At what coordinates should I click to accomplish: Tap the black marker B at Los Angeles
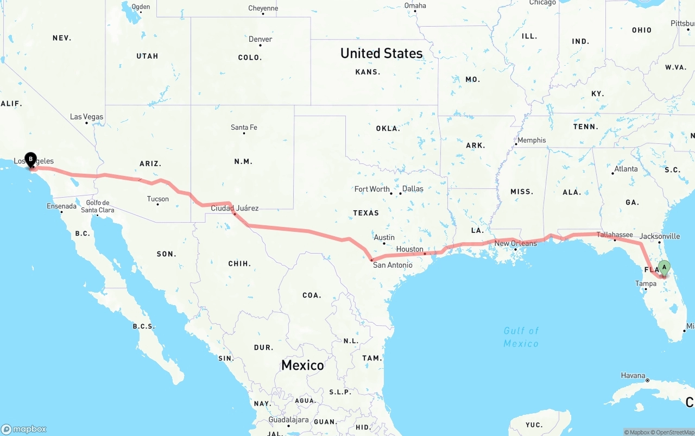tap(30, 159)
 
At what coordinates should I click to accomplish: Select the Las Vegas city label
tap(86, 117)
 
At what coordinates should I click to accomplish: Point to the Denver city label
tap(260, 39)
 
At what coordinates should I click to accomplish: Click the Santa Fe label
tap(244, 127)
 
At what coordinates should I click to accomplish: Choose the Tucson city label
tap(157, 199)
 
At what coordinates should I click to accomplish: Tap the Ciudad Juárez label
tap(235, 208)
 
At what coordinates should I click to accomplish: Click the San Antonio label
tap(392, 265)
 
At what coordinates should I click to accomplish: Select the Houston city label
tap(409, 249)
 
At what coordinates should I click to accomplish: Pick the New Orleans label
tap(515, 243)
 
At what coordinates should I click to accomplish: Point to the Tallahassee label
tap(615, 235)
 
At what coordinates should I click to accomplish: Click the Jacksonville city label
tap(659, 236)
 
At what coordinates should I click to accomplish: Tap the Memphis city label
tap(532, 140)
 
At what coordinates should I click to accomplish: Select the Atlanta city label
tap(626, 168)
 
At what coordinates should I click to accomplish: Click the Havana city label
tap(633, 375)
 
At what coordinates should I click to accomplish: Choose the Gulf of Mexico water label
tap(521, 337)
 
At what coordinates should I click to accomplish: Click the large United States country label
tap(381, 53)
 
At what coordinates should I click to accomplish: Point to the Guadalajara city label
tap(288, 420)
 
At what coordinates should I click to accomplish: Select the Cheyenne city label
tap(263, 8)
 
